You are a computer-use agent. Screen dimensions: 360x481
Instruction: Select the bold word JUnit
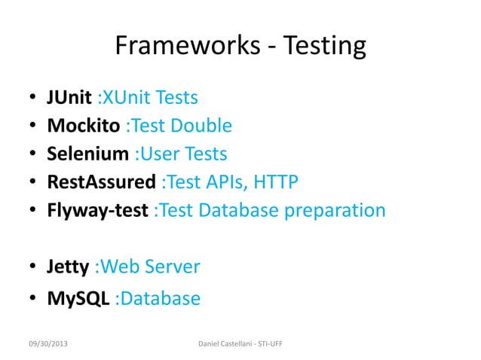(x=69, y=98)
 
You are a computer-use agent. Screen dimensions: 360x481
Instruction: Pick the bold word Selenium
(x=88, y=154)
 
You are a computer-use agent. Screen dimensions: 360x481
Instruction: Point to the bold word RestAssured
(x=102, y=182)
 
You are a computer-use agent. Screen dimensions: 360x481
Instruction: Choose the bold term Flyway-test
(x=97, y=209)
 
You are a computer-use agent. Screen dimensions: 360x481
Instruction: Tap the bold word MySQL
(x=78, y=299)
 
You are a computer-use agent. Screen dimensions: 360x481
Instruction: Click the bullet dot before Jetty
(x=34, y=267)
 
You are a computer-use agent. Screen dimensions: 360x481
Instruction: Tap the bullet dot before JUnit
(x=34, y=99)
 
